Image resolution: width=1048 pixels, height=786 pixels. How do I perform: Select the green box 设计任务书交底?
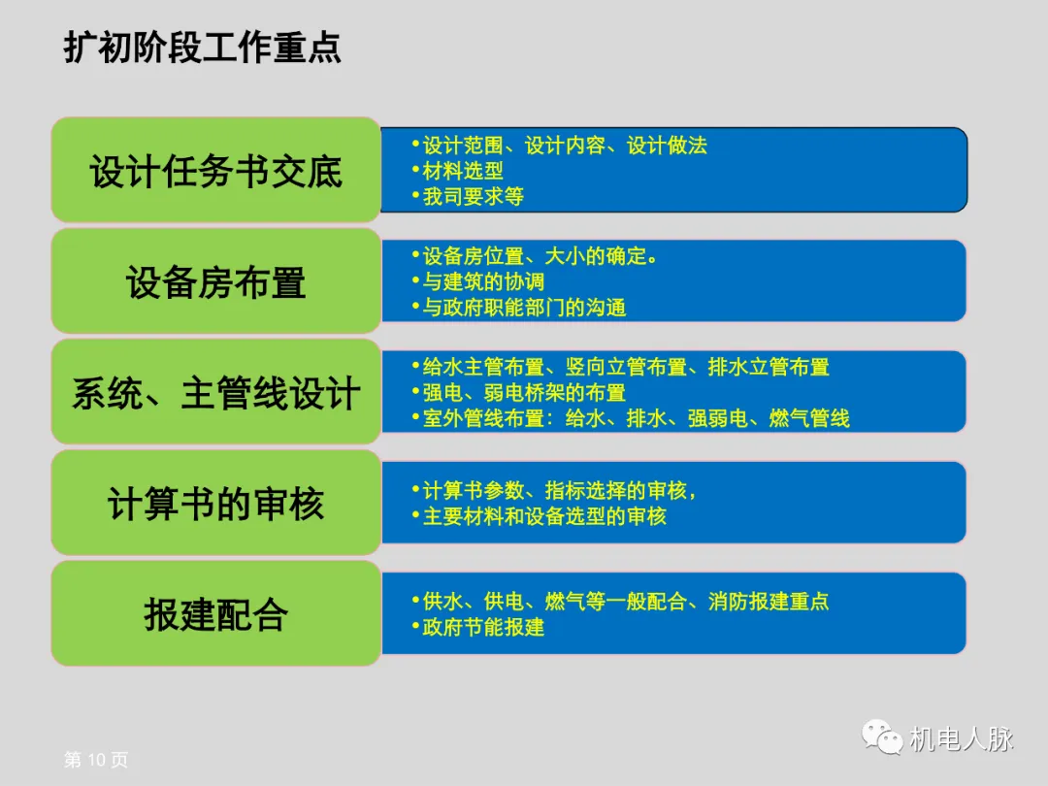tap(215, 172)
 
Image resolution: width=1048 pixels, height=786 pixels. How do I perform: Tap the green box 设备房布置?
tap(215, 282)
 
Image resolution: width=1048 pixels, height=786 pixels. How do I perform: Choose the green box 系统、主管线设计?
tap(215, 394)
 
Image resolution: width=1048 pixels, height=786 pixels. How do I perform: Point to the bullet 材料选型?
tap(463, 171)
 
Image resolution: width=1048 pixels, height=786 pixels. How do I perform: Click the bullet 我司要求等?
tap(473, 196)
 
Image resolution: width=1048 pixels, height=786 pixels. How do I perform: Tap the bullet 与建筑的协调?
tap(483, 281)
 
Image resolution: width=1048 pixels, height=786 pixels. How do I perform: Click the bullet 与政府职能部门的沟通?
tap(524, 308)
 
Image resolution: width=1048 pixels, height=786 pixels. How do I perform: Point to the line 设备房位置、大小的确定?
tap(540, 256)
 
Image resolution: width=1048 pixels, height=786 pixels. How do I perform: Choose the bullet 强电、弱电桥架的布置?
tap(524, 393)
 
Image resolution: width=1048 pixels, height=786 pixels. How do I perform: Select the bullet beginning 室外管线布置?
tap(636, 418)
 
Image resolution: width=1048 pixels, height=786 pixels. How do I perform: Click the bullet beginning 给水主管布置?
tap(626, 367)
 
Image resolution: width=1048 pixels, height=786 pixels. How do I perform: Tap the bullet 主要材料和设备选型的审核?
tap(544, 516)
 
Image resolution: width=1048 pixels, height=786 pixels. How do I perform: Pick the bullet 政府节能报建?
tap(483, 627)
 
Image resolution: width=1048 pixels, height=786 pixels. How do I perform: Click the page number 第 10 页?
tap(95, 760)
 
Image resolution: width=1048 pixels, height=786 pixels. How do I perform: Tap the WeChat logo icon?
tap(881, 737)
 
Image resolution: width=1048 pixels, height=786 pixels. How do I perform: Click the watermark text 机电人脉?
tap(961, 738)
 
